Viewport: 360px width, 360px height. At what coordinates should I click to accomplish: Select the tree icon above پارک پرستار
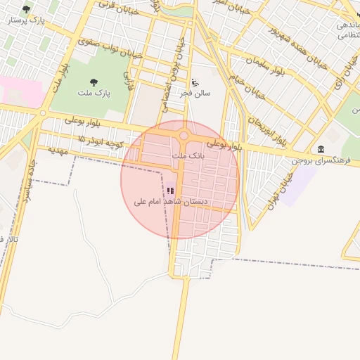(27, 9)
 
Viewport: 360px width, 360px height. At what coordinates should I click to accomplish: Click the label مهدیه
(58, 150)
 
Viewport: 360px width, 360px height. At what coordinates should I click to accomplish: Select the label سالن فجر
(195, 92)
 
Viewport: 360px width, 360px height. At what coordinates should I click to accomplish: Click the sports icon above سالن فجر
(195, 82)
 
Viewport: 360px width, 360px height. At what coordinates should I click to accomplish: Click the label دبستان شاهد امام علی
(172, 202)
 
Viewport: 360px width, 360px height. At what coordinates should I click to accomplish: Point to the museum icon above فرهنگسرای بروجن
(321, 149)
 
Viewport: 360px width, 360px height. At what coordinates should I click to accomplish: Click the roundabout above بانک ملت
(184, 136)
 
